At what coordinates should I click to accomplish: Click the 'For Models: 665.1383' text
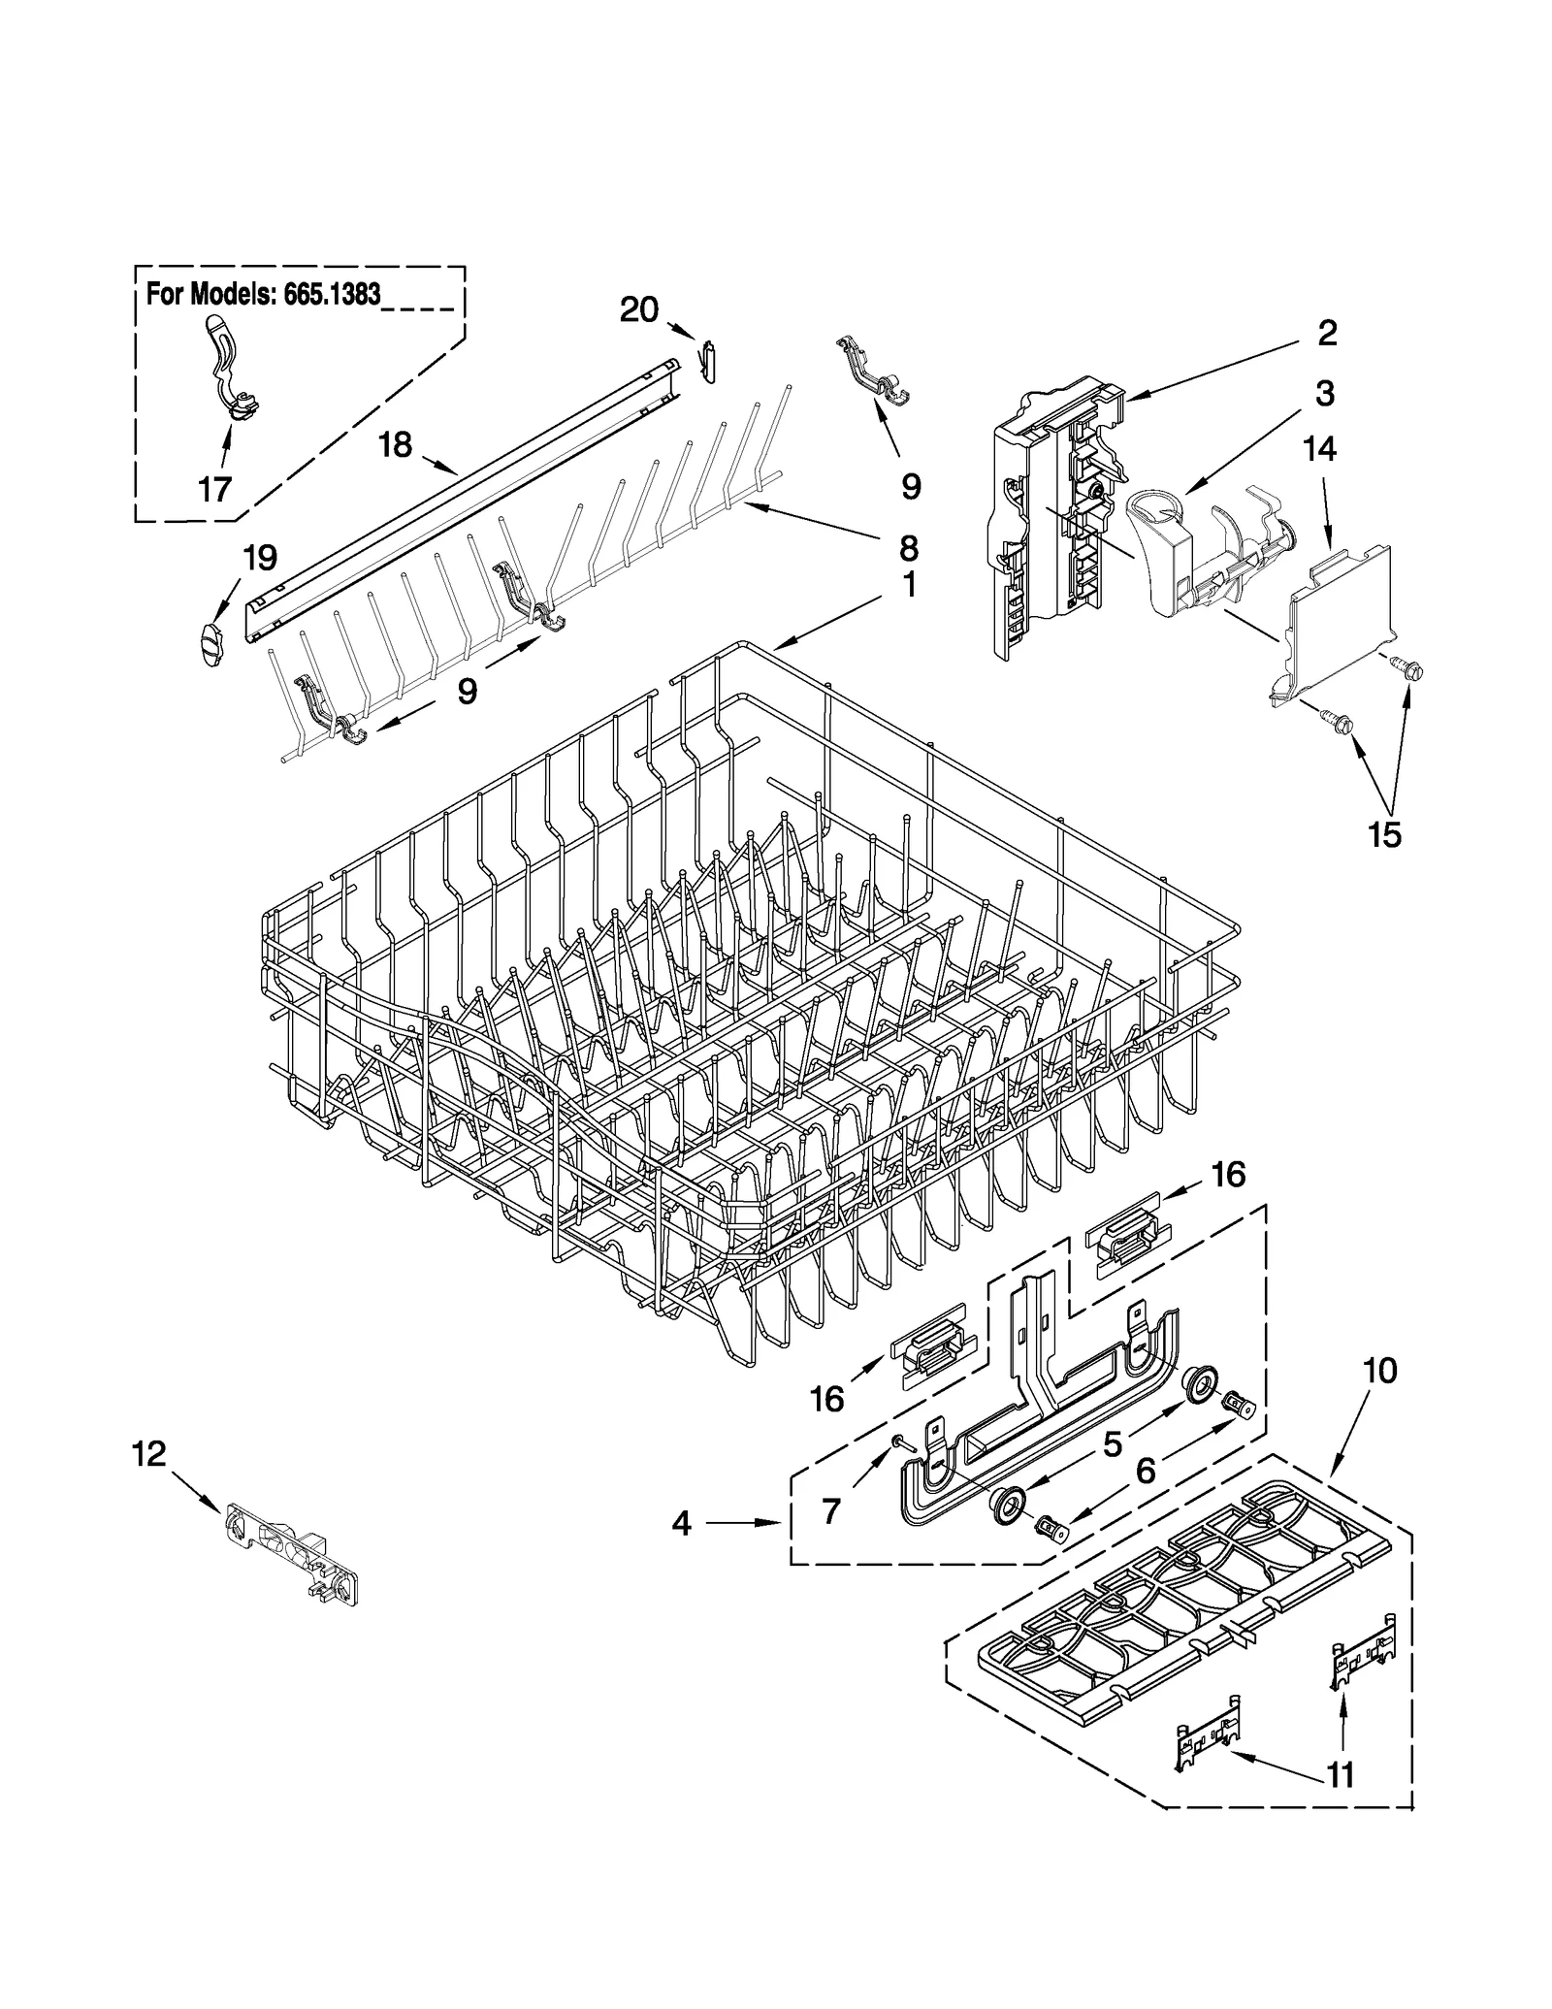(263, 294)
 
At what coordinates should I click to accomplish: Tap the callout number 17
(214, 489)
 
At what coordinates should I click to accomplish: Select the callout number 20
(639, 310)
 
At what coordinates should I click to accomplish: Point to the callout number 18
(395, 445)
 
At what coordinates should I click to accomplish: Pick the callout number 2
(1328, 334)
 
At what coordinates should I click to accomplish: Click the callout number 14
(1319, 449)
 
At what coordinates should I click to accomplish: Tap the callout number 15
(1384, 834)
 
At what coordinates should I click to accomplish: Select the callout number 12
(149, 1453)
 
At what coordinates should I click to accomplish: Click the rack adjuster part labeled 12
(291, 1546)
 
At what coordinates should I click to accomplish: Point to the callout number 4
(682, 1524)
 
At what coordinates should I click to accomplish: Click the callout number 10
(1380, 1371)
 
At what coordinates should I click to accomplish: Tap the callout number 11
(1340, 1774)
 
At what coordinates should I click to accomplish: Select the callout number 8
(908, 549)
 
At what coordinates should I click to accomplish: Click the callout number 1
(909, 586)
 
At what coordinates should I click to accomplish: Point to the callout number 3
(1324, 393)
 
